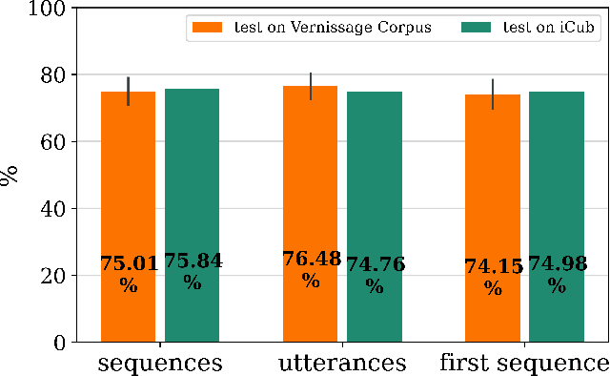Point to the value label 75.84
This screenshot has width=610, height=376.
(x=193, y=261)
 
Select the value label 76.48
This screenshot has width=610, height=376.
(x=310, y=259)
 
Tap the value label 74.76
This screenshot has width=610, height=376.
(x=375, y=264)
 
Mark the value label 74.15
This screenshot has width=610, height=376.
(x=493, y=267)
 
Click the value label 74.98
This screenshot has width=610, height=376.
(x=558, y=264)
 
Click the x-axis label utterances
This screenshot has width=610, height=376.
(x=342, y=363)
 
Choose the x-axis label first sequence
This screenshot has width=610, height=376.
(x=523, y=363)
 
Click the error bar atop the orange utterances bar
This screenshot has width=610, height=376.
(x=310, y=86)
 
